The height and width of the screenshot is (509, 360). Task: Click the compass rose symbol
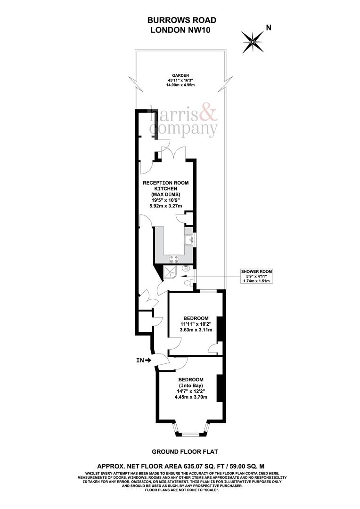pyautogui.click(x=253, y=41)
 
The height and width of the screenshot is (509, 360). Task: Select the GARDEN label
pyautogui.click(x=180, y=75)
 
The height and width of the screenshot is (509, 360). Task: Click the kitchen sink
pyautogui.click(x=191, y=241)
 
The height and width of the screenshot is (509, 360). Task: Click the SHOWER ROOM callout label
pyautogui.click(x=256, y=272)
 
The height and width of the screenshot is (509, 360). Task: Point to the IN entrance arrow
pyautogui.click(x=143, y=361)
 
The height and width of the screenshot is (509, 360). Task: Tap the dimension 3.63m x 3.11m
pyautogui.click(x=196, y=330)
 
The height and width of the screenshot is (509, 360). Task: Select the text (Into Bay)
pyautogui.click(x=190, y=386)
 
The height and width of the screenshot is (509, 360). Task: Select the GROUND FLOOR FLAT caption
pyautogui.click(x=180, y=451)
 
